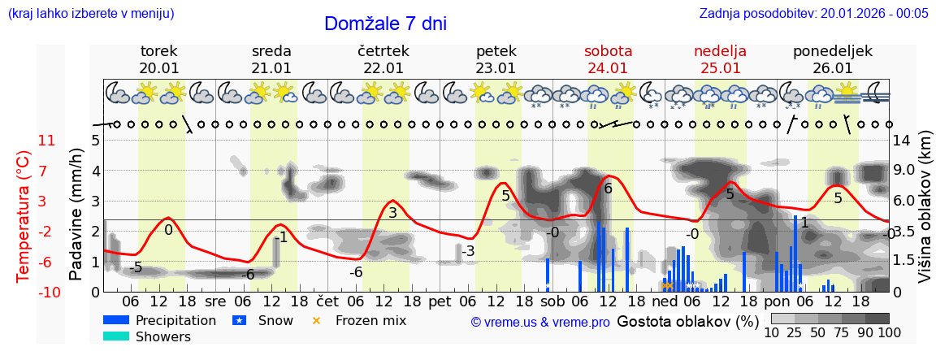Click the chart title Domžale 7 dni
point(385,24)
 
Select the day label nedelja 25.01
point(720,59)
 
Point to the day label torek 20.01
point(159,59)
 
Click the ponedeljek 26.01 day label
point(832,59)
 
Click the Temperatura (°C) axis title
point(23,216)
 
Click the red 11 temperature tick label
point(46,141)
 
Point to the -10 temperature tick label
point(50,292)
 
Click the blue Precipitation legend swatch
point(116,320)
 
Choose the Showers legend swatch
point(116,336)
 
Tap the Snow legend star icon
point(239,320)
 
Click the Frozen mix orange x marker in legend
point(317,320)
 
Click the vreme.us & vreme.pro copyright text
point(540,322)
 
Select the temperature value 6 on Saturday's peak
point(608,188)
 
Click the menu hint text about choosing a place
point(90,13)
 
